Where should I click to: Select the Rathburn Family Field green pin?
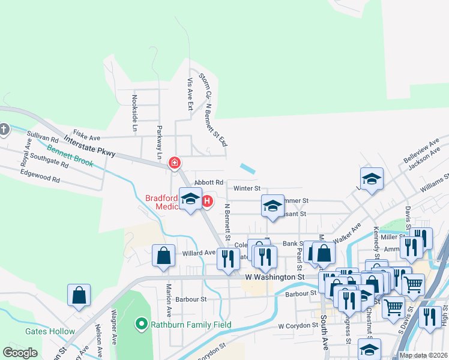point(142,325)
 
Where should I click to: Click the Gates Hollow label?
point(50,331)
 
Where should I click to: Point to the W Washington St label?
point(275,277)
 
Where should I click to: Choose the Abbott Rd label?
point(209,182)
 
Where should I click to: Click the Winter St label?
point(246,188)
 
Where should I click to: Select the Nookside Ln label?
point(135,113)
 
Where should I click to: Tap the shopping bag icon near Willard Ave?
point(163,256)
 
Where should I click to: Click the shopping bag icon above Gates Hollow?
point(79,295)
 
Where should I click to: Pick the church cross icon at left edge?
point(4,129)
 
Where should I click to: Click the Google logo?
point(20,352)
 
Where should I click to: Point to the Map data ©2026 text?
point(423,355)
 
